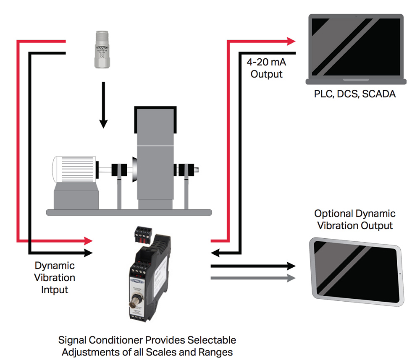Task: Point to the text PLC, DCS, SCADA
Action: pyautogui.click(x=354, y=94)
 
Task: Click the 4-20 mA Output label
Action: pyautogui.click(x=266, y=69)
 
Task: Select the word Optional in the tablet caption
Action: pyautogui.click(x=331, y=214)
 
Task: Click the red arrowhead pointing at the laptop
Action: pyautogui.click(x=291, y=41)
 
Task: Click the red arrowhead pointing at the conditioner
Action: pyautogui.click(x=88, y=241)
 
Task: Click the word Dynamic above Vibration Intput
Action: pyautogui.click(x=55, y=266)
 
